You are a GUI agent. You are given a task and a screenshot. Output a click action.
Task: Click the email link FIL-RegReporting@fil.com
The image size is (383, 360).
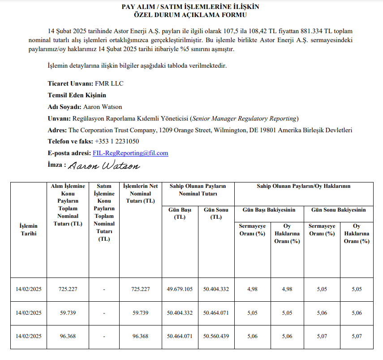tap(130, 153)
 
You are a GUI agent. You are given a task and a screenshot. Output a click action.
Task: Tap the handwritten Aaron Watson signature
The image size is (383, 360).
tap(104, 166)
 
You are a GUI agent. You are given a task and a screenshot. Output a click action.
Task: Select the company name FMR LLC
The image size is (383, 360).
tap(109, 84)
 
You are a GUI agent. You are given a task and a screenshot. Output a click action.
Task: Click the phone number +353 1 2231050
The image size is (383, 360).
tap(117, 141)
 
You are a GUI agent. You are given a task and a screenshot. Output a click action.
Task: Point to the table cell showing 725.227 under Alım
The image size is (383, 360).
tap(68, 289)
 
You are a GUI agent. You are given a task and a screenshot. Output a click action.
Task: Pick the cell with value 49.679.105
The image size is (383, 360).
tap(180, 289)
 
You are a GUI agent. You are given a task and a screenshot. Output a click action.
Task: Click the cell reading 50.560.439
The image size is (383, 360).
tap(216, 336)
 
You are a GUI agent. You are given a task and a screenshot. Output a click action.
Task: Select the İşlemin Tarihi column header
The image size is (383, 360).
tap(28, 230)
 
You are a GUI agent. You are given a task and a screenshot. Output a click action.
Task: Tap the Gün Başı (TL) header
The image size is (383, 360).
tap(180, 213)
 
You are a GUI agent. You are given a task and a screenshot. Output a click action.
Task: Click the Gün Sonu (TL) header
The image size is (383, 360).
tap(216, 213)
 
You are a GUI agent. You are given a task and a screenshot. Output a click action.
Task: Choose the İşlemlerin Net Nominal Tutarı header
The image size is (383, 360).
tap(141, 194)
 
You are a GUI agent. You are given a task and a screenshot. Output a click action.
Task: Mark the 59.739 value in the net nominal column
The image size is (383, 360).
tap(141, 312)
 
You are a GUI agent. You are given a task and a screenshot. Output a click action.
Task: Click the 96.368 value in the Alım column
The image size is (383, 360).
tap(68, 336)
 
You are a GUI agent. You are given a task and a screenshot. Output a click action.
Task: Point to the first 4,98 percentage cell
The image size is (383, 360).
tap(252, 289)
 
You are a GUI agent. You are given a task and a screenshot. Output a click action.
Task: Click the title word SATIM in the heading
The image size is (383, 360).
tap(171, 7)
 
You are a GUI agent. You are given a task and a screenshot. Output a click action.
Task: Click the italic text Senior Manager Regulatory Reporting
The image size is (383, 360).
tap(244, 118)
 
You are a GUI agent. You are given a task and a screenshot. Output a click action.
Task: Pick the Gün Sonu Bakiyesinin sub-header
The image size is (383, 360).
tap(339, 209)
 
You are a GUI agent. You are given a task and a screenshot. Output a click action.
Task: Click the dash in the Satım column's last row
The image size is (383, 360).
tap(104, 336)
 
